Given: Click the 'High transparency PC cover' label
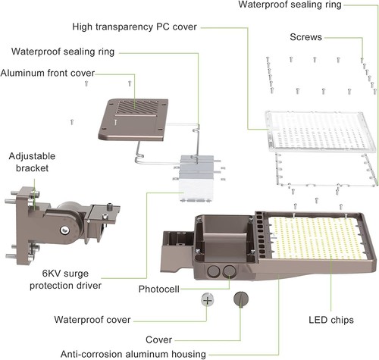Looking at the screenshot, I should [x=134, y=27].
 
